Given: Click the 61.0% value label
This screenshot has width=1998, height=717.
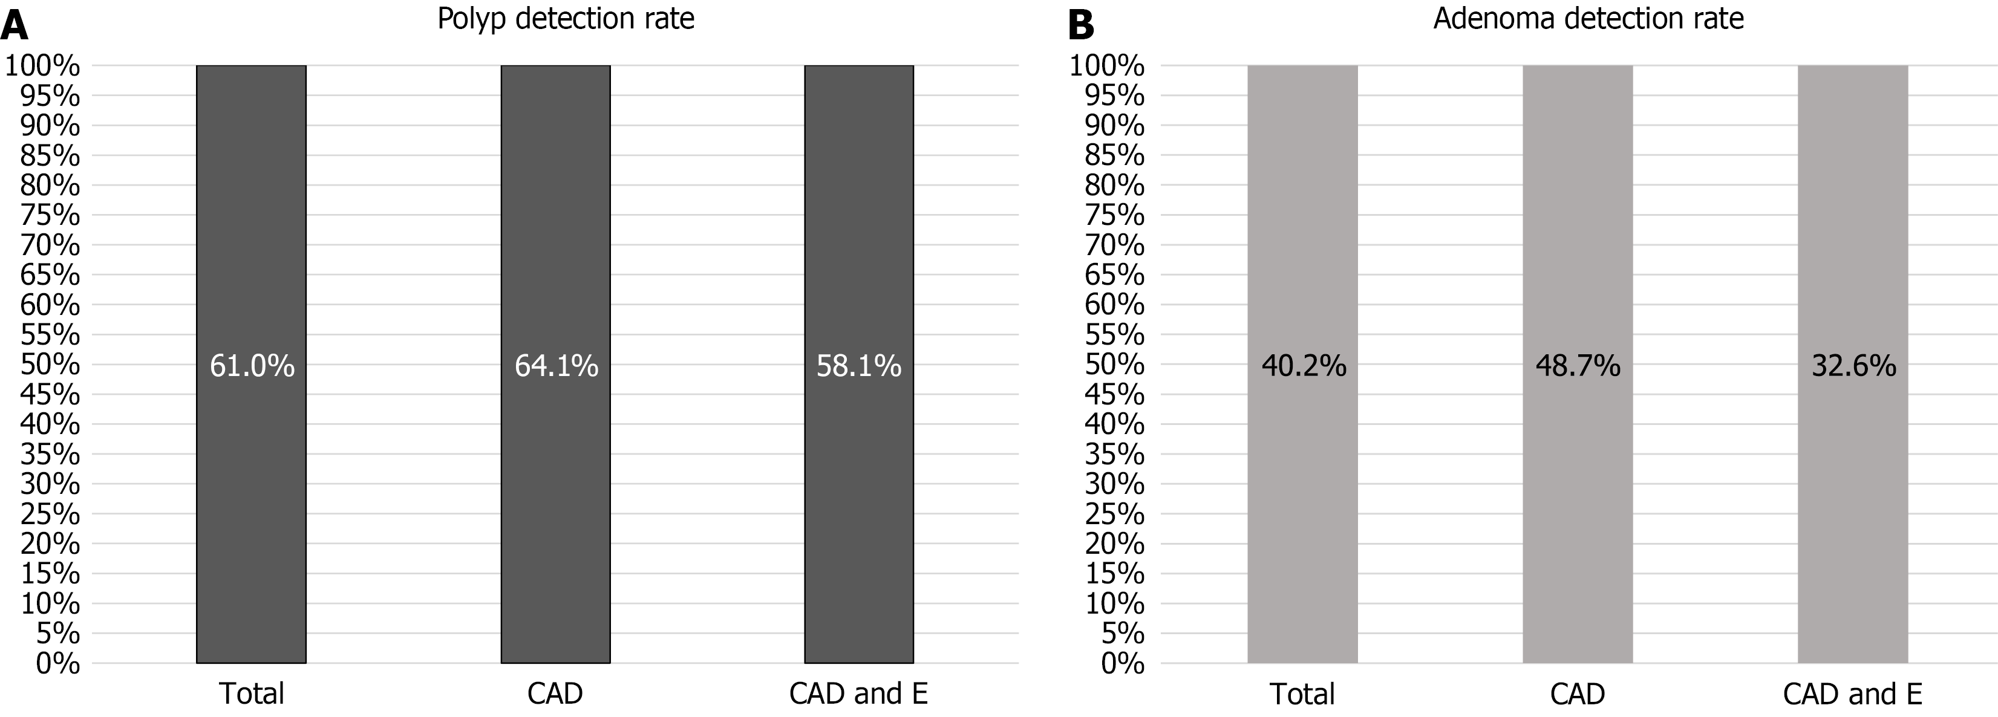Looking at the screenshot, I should pos(252,366).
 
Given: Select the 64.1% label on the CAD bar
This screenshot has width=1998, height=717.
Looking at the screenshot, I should pos(556,366).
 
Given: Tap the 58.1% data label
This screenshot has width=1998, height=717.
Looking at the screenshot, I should pos(858,366).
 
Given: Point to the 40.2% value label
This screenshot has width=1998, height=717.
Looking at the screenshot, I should pos(1304,366).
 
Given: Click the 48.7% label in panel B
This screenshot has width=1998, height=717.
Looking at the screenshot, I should pos(1578,366).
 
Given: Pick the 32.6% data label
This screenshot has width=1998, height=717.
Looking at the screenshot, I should pos(1854,366).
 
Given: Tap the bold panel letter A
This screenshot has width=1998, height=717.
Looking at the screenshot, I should pos(15,25).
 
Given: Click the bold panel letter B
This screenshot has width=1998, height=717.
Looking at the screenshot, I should pos(1080,25).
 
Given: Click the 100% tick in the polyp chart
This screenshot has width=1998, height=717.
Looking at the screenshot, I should pos(43,66).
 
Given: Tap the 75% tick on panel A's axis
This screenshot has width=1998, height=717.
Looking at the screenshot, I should pos(50,215).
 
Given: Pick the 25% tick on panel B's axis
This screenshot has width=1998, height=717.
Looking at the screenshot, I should pos(1115,514).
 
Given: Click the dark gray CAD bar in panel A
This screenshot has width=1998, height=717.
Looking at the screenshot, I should pos(555,504).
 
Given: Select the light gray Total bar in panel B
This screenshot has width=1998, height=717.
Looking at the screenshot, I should pos(1302,504).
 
